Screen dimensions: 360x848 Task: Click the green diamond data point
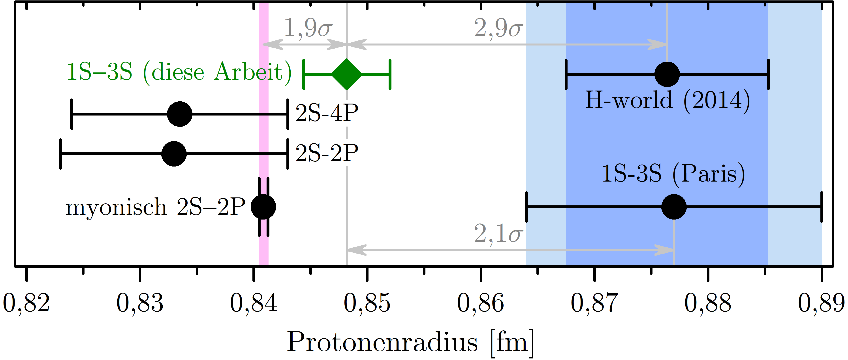(347, 74)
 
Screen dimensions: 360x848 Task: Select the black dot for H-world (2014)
(667, 74)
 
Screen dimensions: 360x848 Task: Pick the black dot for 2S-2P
(174, 154)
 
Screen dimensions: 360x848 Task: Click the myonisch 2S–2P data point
(263, 207)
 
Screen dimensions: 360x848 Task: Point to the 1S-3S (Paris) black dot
(674, 207)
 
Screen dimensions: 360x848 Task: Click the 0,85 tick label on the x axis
(367, 303)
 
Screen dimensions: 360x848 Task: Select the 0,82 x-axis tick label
(26, 303)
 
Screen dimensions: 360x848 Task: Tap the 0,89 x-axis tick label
(822, 303)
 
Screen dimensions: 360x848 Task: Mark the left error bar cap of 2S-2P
(60, 154)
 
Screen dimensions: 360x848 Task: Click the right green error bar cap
(390, 74)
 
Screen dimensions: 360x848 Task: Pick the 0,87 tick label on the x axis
(594, 303)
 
